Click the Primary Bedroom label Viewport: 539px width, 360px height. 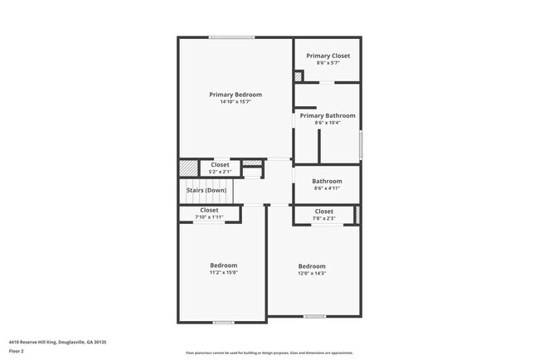coord(236,95)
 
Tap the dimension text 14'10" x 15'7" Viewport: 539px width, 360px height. coord(236,102)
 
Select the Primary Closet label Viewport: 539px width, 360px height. coord(328,56)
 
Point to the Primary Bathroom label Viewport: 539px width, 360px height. coord(328,115)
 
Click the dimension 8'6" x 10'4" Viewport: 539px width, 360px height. coord(328,123)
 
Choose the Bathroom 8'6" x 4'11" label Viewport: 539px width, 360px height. coord(327,184)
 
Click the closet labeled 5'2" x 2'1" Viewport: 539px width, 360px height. coord(220,168)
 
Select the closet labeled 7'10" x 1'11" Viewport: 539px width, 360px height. coord(209,213)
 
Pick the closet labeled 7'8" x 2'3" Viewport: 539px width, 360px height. coord(324,214)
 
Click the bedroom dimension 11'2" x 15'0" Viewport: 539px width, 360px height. coord(223,272)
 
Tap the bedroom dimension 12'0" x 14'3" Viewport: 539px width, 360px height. coord(313,272)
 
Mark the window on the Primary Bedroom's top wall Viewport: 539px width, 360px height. coord(231,37)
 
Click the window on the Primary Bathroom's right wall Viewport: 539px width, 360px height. coord(361,146)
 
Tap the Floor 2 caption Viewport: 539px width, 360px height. coord(17,351)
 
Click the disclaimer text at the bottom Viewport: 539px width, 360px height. coord(269,353)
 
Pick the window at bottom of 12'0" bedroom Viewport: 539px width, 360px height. coord(314,316)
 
